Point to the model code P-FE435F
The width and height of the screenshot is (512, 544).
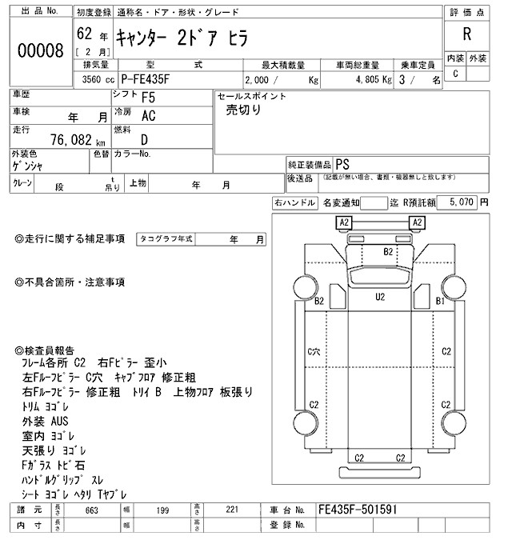(151, 79)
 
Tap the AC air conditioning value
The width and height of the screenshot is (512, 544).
(149, 115)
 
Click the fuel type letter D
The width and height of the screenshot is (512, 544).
(145, 138)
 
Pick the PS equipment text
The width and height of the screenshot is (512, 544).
(343, 162)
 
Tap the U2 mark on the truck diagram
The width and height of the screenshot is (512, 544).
(380, 297)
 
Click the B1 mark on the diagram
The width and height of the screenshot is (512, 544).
(439, 301)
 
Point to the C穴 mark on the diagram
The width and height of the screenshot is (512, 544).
(314, 351)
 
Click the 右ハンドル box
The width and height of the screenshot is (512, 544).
(294, 203)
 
